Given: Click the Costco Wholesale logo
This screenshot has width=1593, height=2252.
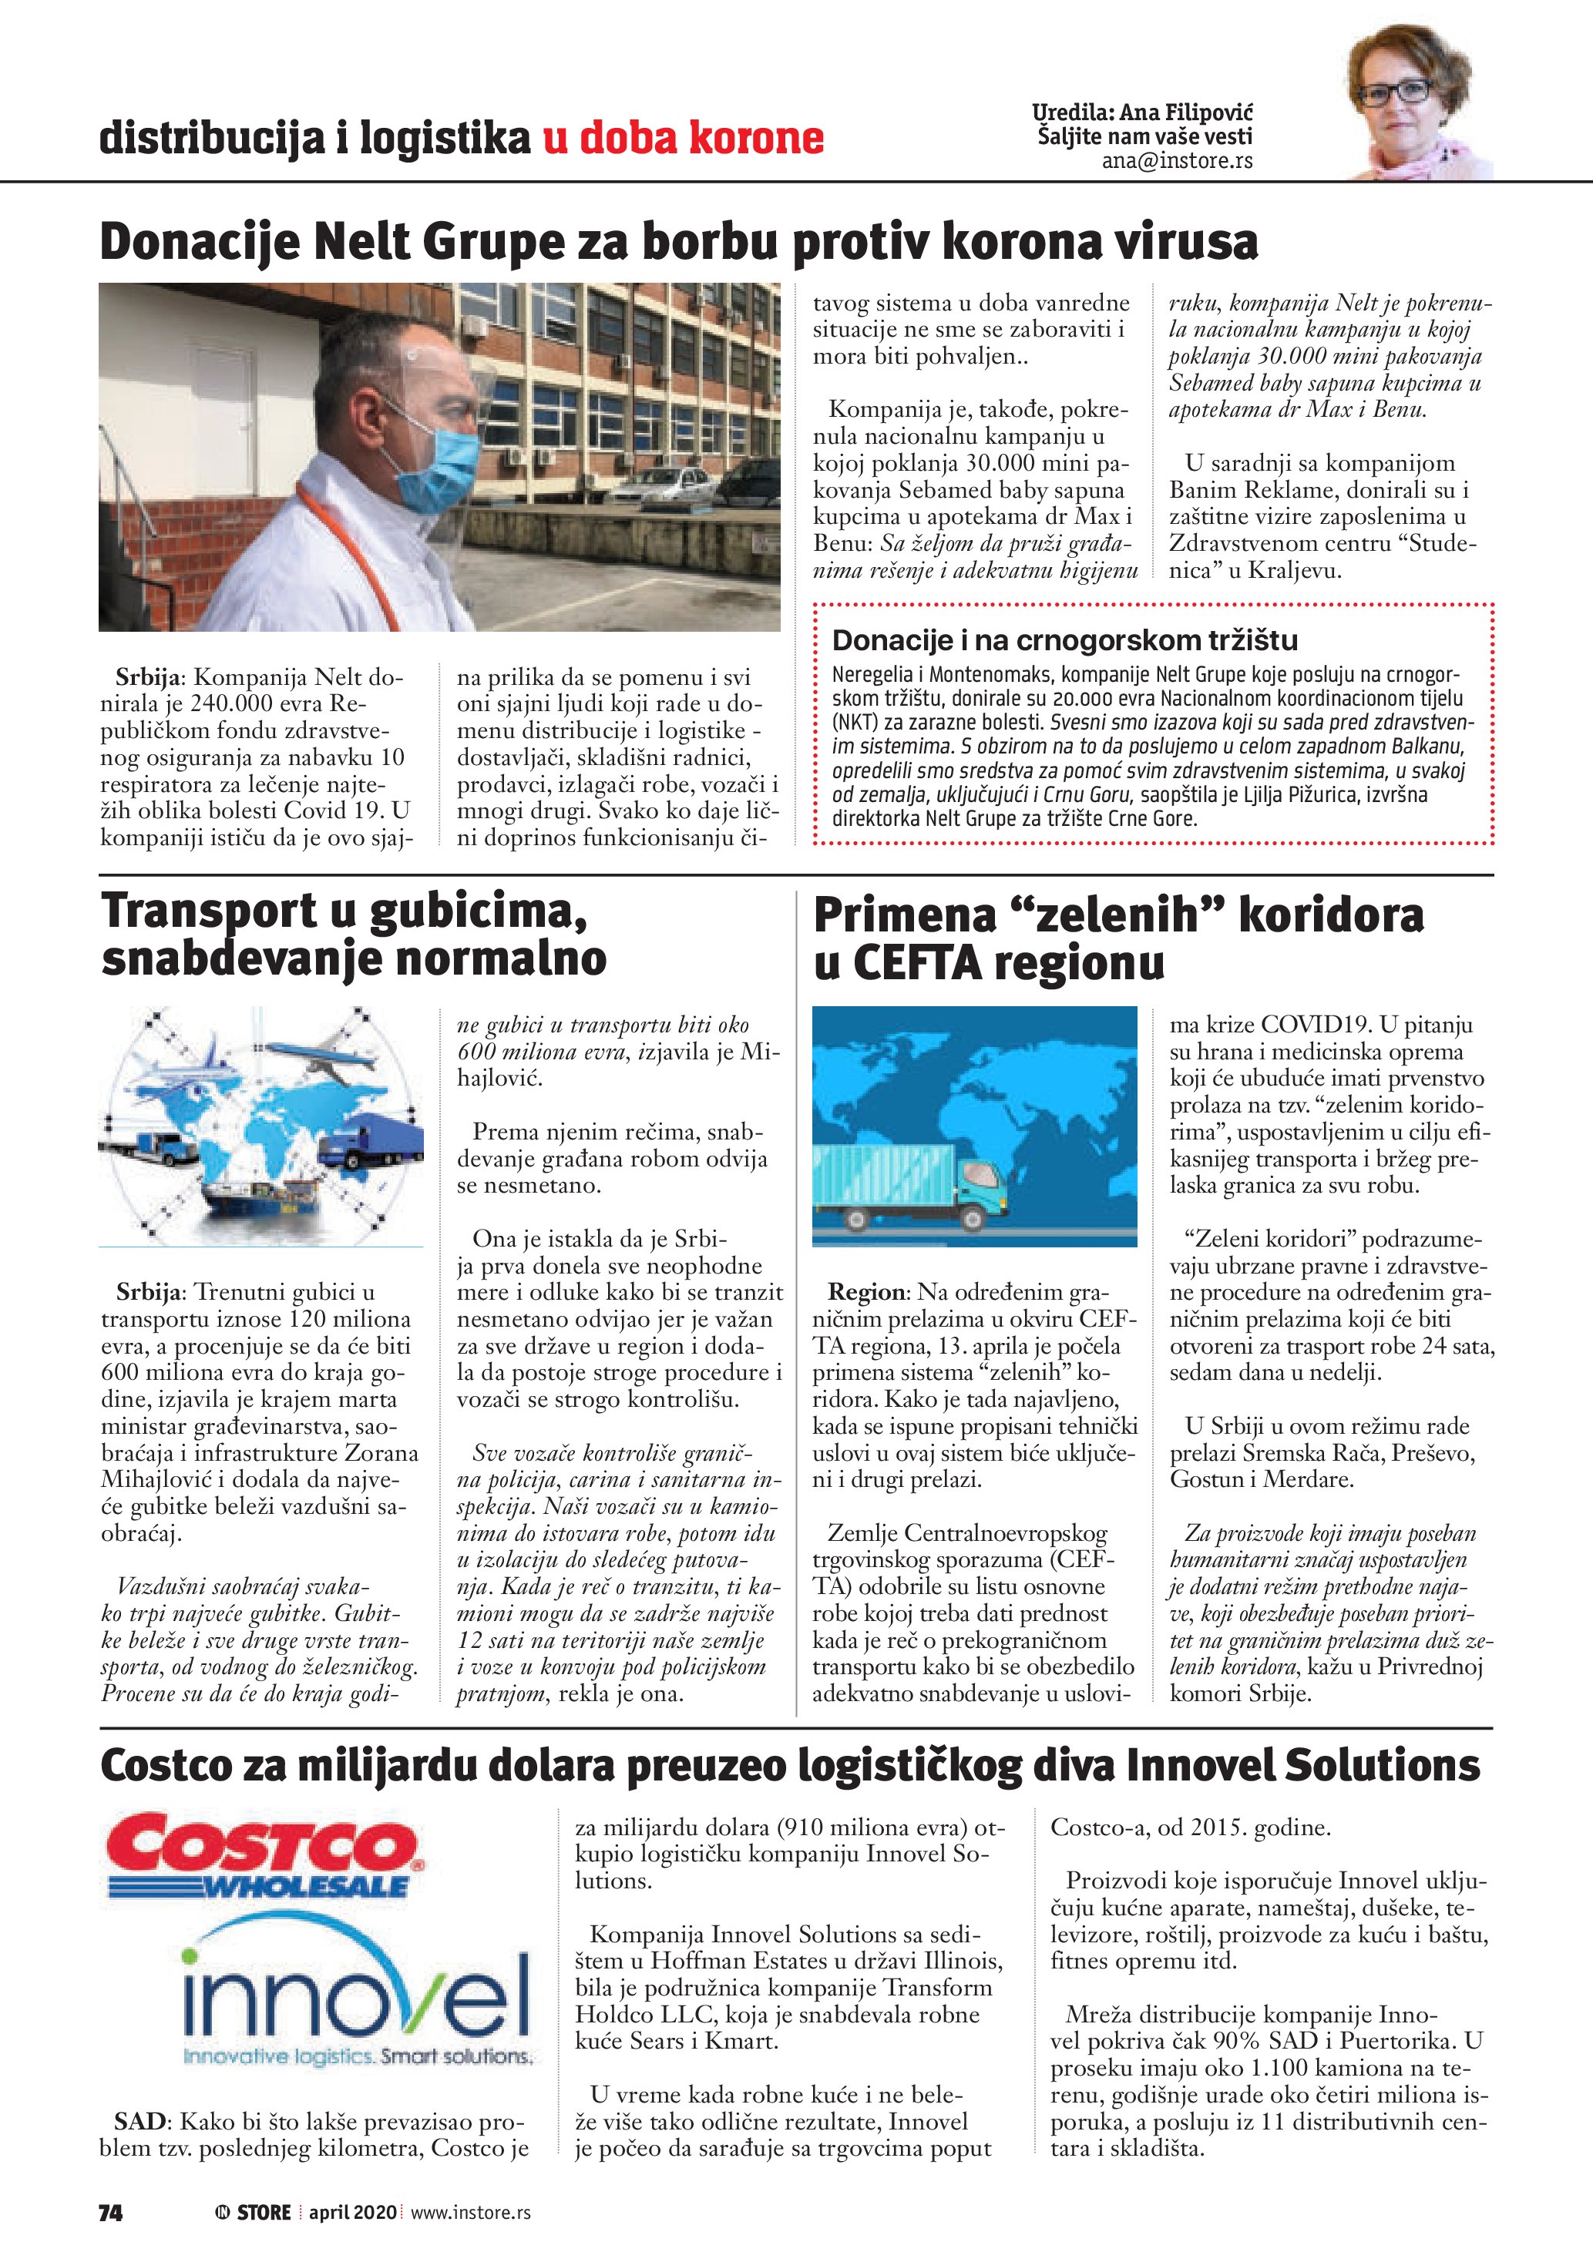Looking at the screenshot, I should point(265,1854).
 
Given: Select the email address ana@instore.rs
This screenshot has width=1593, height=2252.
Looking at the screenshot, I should point(1176,161).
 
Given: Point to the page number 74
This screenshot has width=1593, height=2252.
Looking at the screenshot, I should point(110,2212).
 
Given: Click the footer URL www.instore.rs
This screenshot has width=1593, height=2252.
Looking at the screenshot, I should point(470,2212).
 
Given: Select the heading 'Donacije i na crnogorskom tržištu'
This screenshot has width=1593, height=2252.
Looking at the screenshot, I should point(1064,640).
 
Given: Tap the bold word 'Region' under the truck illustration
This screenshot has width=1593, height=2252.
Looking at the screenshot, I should point(865,1292).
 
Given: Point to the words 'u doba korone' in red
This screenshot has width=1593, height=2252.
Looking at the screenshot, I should point(683,137).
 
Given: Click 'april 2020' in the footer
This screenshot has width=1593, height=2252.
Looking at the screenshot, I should point(352,2212).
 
